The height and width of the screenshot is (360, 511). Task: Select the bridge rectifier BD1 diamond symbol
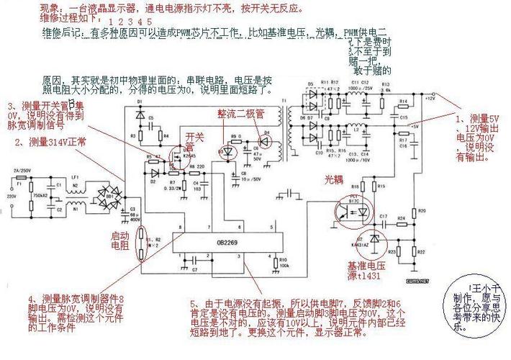pos(110,195)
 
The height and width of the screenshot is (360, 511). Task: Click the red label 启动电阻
pos(120,240)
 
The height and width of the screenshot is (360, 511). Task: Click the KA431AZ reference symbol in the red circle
pos(374,238)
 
